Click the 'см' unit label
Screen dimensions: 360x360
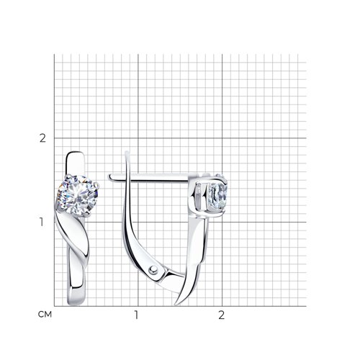[x=45, y=315]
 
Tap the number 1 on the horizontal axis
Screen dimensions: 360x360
[x=136, y=315]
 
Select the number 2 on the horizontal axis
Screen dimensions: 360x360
[x=221, y=315]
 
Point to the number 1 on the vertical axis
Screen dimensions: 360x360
[x=42, y=222]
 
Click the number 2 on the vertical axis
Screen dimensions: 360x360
[x=42, y=138]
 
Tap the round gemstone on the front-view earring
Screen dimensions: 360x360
[x=77, y=195]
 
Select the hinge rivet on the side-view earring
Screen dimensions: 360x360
[x=153, y=271]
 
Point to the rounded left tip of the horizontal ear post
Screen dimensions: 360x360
[x=109, y=177]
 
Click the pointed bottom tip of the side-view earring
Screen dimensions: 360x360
[x=176, y=305]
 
